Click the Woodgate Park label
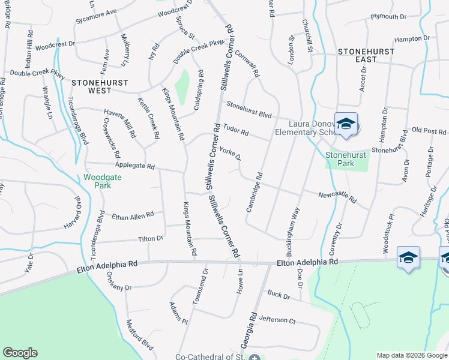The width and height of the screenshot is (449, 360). (x=97, y=181)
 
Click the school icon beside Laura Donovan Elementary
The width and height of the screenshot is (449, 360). (x=346, y=124)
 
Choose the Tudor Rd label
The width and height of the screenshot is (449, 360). (x=236, y=130)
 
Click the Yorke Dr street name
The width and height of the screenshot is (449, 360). (x=230, y=154)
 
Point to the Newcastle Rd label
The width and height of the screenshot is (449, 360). (x=337, y=196)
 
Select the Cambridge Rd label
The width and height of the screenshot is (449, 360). (x=255, y=193)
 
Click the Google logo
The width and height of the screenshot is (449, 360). (x=20, y=353)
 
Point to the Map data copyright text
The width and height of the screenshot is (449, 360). (x=412, y=355)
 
